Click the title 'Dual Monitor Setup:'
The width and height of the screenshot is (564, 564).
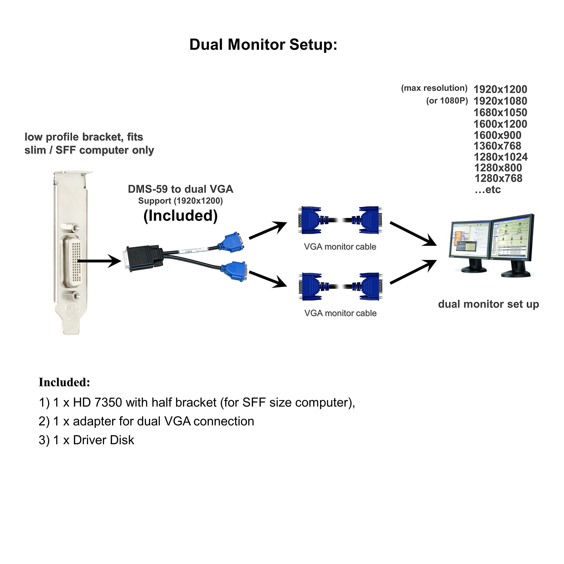click(263, 45)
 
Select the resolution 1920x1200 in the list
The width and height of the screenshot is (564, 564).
click(500, 89)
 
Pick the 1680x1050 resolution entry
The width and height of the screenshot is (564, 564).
click(500, 112)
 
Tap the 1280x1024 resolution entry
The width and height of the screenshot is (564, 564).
click(500, 157)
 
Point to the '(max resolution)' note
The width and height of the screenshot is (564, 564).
click(434, 88)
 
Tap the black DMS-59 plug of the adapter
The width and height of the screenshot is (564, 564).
click(143, 258)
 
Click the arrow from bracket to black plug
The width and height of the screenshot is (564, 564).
click(99, 261)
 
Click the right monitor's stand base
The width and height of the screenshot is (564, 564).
click(516, 274)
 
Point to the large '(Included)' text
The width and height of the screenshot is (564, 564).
click(180, 216)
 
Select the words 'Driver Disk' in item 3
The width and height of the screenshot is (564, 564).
click(103, 440)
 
